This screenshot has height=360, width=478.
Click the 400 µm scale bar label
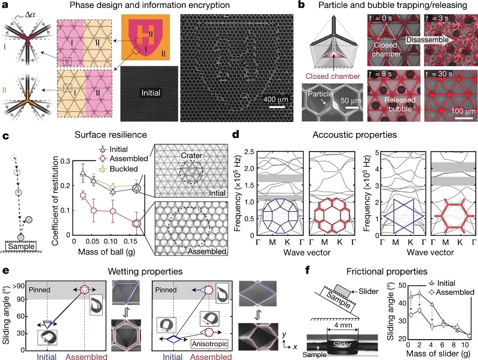(x=275, y=99)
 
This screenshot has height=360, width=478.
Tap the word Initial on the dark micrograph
(x=151, y=93)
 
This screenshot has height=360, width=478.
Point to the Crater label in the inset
(x=191, y=155)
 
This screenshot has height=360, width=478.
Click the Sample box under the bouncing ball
(x=21, y=247)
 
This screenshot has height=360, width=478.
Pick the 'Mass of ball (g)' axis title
(x=107, y=252)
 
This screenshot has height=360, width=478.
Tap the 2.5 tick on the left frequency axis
(x=249, y=152)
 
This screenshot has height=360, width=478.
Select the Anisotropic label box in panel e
(x=210, y=344)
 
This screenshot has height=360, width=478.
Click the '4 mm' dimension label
(x=342, y=325)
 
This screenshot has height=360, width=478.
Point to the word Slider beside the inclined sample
(x=368, y=291)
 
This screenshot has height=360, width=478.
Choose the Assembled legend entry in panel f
(x=451, y=293)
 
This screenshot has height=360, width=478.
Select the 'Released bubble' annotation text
(x=400, y=104)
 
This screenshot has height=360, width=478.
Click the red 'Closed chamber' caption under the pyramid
(x=333, y=76)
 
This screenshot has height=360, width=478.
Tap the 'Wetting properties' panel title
(x=145, y=272)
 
